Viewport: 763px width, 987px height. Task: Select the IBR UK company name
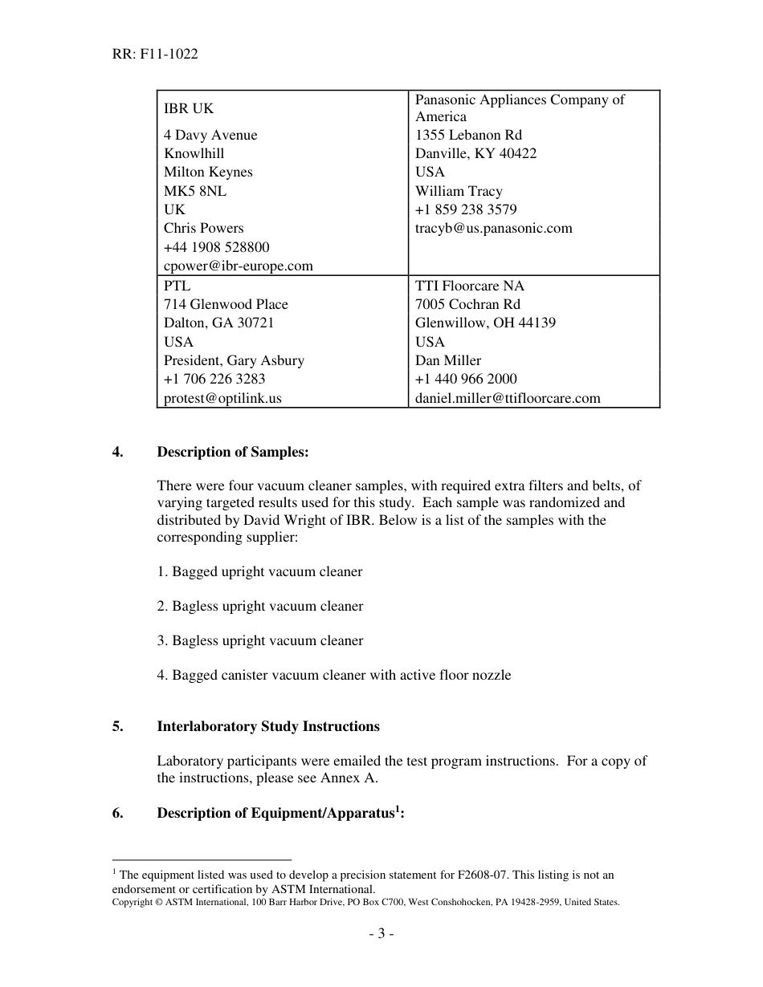coord(189,108)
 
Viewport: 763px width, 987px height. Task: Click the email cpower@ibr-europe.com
coord(239,266)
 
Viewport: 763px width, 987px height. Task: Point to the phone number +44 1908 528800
coord(217,247)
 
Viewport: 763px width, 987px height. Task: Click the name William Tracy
coord(459,191)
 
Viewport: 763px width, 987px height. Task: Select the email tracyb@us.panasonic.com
coord(494,228)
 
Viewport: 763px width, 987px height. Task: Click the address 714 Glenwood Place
coord(226,304)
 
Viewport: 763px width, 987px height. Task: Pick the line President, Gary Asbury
coord(234,360)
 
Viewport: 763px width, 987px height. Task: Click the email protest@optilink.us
coord(222,398)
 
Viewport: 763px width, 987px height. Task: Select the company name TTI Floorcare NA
coord(469,286)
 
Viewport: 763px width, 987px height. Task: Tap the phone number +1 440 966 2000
coord(466,379)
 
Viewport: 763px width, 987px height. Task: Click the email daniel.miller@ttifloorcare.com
coord(508,398)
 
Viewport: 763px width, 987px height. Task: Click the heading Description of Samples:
coord(232,452)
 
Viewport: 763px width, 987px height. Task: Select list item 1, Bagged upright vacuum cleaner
coord(259,572)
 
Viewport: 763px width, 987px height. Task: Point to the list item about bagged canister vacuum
coord(333,675)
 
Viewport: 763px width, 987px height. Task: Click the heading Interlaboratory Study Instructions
coord(268,726)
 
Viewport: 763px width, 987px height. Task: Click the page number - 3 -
coord(381,934)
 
